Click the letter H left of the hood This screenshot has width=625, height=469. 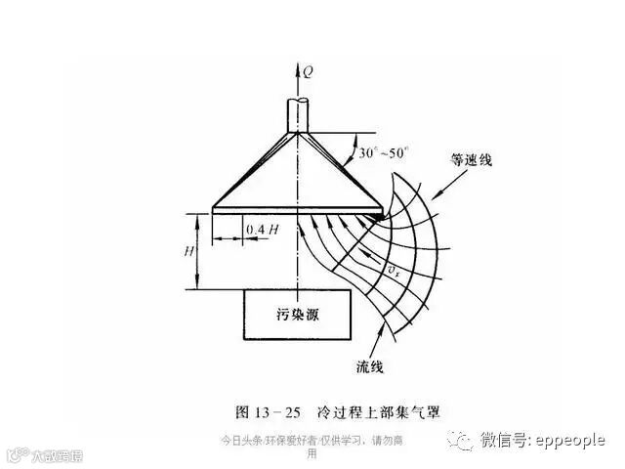pyautogui.click(x=188, y=249)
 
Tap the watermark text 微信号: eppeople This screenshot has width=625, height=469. pyautogui.click(x=542, y=441)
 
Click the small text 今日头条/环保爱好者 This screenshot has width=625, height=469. pyautogui.click(x=261, y=441)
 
